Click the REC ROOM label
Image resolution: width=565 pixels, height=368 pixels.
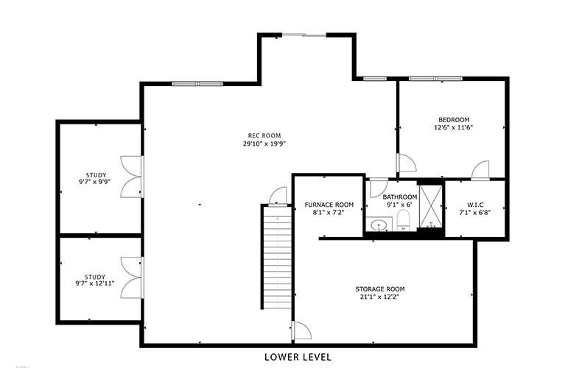[x=264, y=135]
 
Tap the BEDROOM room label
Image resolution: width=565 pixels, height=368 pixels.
[x=454, y=120]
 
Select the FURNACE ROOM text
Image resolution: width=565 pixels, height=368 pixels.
[x=329, y=205]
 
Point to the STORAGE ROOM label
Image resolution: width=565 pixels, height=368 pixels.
[x=380, y=289]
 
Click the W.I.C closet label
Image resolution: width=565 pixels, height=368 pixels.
[x=475, y=205]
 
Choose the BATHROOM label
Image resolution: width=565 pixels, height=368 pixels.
[x=399, y=197]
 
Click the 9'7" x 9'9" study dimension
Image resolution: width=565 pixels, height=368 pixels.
[x=94, y=183]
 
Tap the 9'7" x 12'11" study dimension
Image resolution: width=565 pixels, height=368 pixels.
[x=94, y=284]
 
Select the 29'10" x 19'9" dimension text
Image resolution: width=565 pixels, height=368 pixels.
[x=264, y=144]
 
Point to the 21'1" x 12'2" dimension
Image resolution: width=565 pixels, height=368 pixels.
[x=380, y=297]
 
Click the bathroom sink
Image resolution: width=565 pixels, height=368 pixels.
[x=379, y=224]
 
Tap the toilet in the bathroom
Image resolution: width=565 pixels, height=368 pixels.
[x=403, y=219]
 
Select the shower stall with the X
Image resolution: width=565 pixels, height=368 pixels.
[x=431, y=206]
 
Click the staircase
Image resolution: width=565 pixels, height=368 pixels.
[x=277, y=257]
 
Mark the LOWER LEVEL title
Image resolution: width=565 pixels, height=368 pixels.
[x=298, y=357]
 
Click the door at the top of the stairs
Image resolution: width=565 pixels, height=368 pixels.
[x=278, y=196]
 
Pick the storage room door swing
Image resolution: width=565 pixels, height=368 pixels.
[x=302, y=330]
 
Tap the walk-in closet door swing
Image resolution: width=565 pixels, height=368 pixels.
[x=481, y=169]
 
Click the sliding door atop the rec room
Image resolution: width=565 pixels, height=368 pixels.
[x=303, y=35]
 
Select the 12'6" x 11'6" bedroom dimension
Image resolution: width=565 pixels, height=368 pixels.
[x=454, y=127]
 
